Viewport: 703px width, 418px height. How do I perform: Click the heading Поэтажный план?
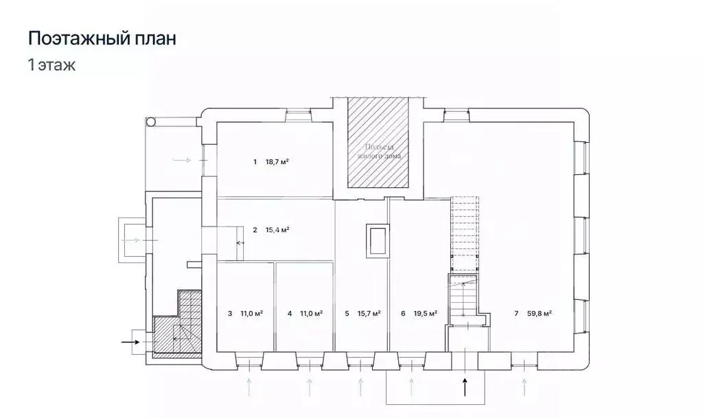[102, 38]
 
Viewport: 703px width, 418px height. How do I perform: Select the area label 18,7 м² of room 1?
[277, 162]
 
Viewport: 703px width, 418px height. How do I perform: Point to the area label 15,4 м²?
[277, 230]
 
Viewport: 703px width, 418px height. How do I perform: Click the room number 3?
[229, 313]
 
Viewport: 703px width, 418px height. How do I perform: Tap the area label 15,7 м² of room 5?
[370, 313]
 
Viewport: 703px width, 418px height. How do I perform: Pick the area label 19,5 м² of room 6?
[425, 313]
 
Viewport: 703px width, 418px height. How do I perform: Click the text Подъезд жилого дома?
[378, 152]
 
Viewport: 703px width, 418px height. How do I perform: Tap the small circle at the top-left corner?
[150, 121]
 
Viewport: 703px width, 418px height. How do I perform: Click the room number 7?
[516, 313]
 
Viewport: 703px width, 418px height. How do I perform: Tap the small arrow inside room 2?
[240, 243]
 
